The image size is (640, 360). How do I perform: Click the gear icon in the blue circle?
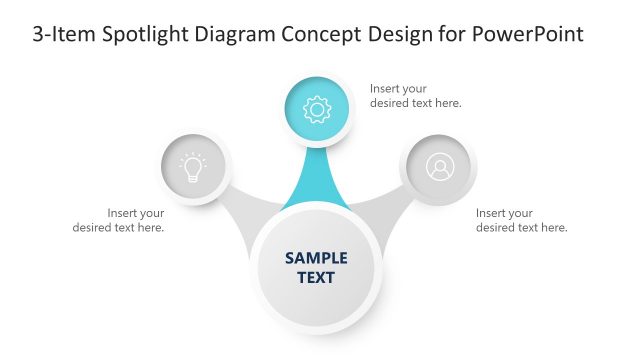point(317,108)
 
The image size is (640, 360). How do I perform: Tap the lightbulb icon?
point(194,167)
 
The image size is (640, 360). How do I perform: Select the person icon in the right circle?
point(439,167)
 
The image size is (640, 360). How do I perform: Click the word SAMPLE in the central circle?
point(316,257)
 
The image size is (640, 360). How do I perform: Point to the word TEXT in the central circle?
point(316,277)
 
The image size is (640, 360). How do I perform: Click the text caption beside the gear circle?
point(415,96)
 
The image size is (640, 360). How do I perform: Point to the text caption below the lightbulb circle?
point(119,220)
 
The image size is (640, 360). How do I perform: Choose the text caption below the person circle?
point(521,220)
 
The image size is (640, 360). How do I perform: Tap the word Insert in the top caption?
point(387,88)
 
